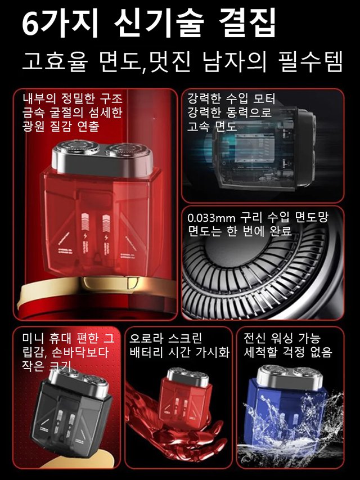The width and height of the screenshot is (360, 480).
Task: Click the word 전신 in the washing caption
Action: pyautogui.click(x=253, y=339)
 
